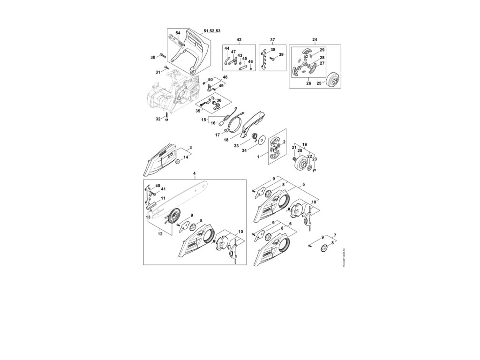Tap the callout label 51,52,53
212,30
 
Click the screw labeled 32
166,120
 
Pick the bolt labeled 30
163,56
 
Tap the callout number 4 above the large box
195,174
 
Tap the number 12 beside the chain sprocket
159,232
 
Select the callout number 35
198,111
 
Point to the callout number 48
225,77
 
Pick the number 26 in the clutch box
308,83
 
